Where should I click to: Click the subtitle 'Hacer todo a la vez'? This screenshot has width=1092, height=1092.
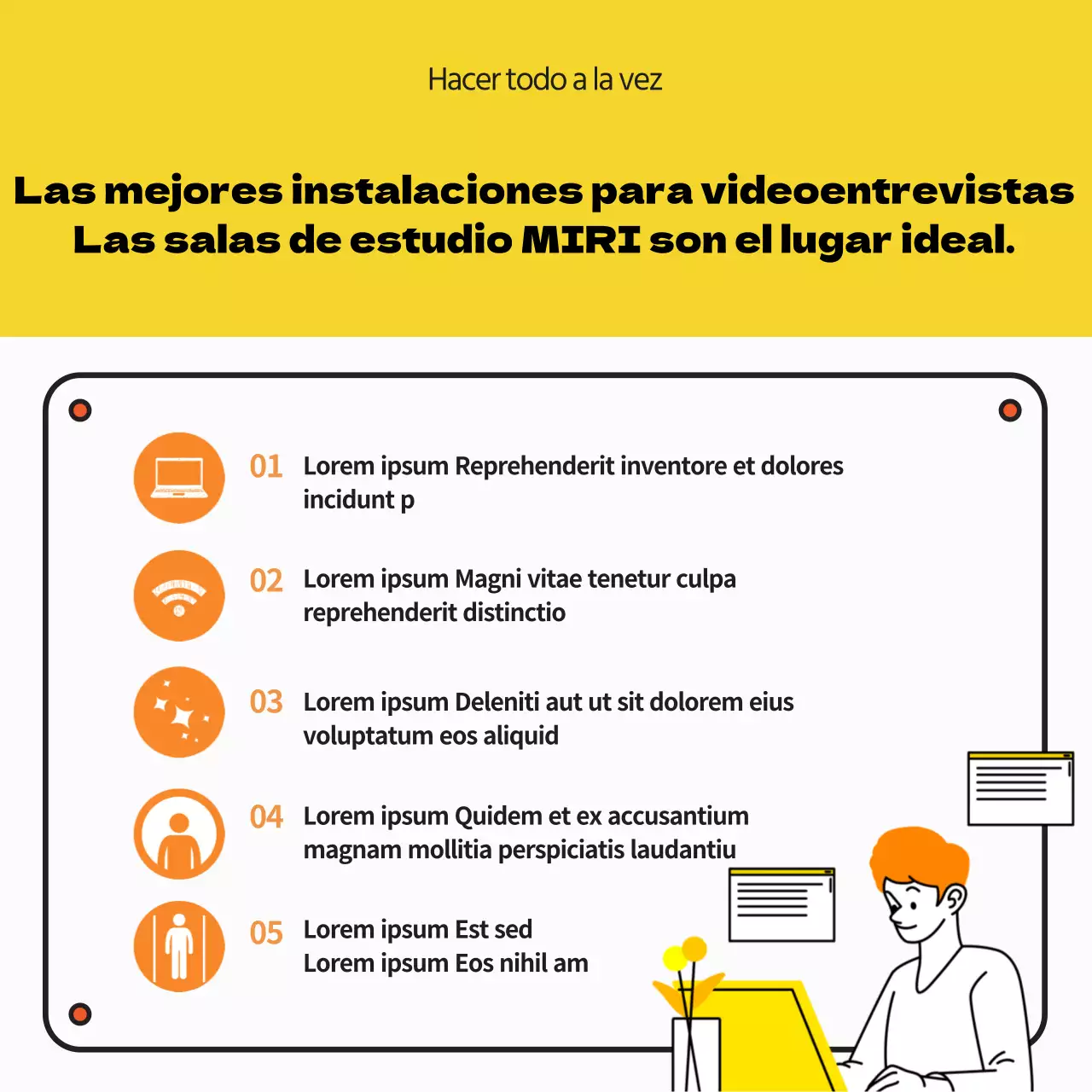click(545, 79)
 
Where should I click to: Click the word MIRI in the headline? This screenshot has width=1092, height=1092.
click(581, 240)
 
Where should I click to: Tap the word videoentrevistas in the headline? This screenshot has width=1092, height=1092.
click(887, 190)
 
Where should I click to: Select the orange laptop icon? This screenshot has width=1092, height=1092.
click(179, 478)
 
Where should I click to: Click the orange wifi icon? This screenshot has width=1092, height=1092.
click(179, 595)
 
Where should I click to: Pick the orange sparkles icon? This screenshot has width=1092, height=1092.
click(179, 712)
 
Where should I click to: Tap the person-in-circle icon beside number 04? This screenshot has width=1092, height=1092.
click(179, 834)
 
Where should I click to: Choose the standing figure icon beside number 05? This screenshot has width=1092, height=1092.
click(179, 946)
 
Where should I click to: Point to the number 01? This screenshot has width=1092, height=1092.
click(266, 467)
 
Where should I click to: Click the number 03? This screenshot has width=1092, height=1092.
click(266, 702)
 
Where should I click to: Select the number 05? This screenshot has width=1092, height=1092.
click(266, 932)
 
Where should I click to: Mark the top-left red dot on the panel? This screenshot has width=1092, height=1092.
click(80, 410)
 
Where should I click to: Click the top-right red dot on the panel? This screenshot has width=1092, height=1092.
click(1010, 410)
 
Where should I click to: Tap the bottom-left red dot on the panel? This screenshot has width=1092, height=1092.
click(80, 1014)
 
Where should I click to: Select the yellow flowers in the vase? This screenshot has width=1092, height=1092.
click(685, 955)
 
